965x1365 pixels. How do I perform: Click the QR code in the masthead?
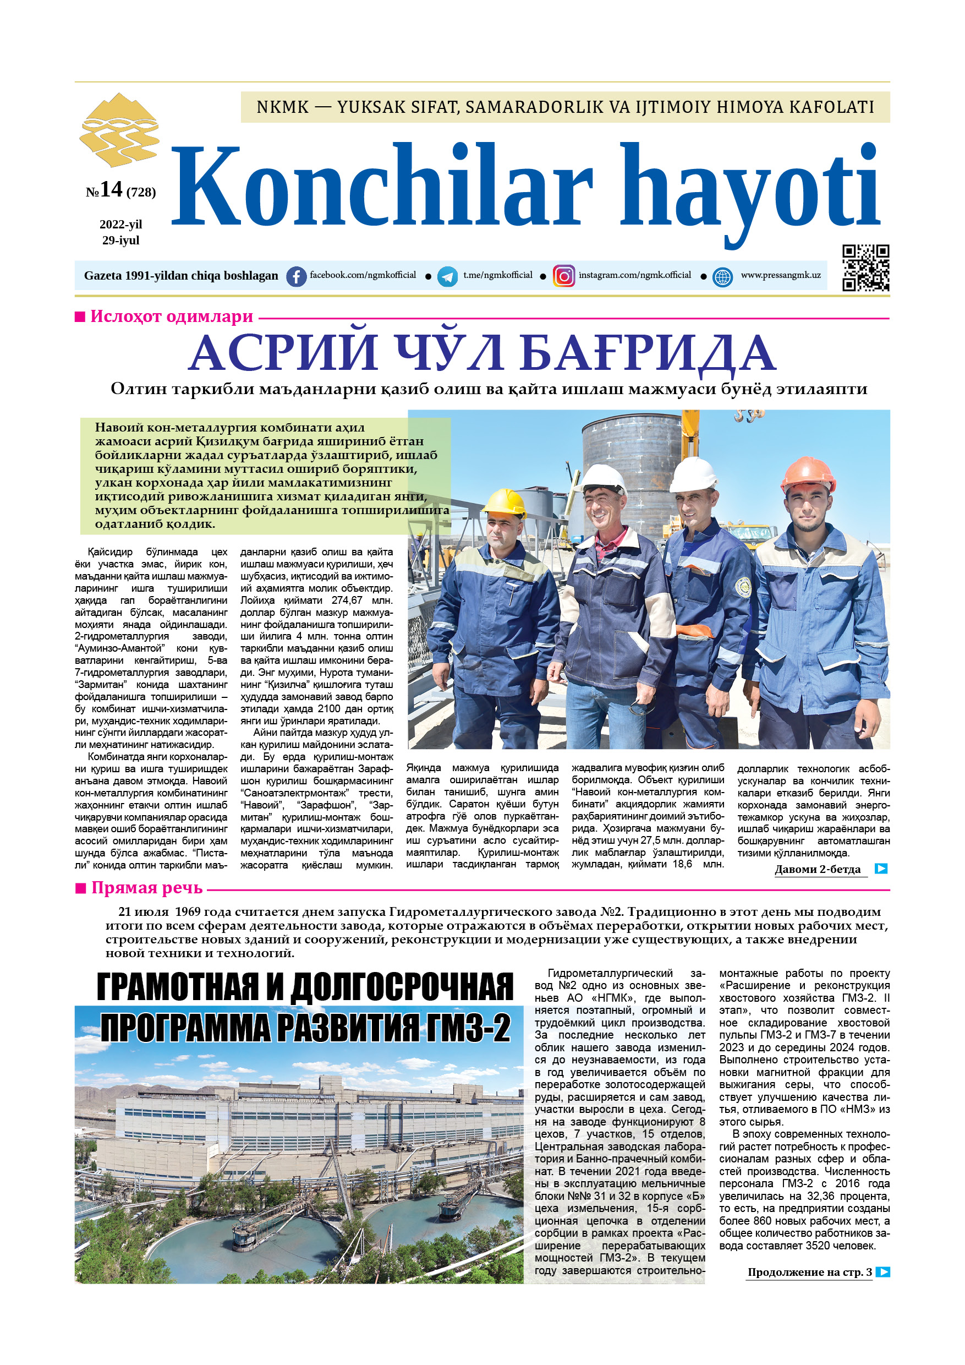click(x=865, y=267)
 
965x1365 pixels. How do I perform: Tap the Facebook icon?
click(x=296, y=276)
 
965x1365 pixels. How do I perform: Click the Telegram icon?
click(x=447, y=276)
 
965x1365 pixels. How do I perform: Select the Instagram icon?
click(x=563, y=276)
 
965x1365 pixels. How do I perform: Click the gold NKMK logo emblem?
click(x=119, y=129)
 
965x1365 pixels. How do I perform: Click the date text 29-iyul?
click(x=120, y=240)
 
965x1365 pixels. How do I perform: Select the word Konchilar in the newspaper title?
click(x=381, y=185)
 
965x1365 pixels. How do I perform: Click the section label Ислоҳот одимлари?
click(x=171, y=316)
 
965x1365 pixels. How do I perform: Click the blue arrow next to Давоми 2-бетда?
click(x=881, y=869)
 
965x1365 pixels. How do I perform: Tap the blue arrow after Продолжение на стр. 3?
click(x=883, y=1271)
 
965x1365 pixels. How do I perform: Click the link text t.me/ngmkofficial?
click(x=497, y=275)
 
